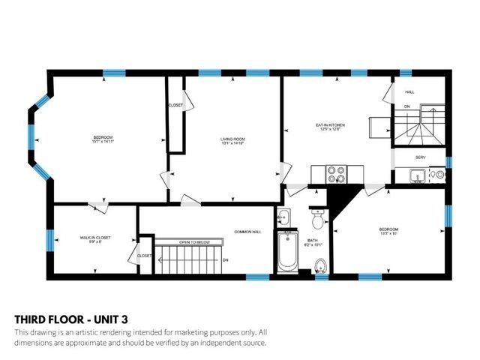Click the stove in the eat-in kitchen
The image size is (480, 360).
(x=335, y=174)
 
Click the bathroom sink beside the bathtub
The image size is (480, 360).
(x=283, y=217)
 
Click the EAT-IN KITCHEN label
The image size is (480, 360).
(x=328, y=125)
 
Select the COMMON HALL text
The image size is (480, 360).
(x=246, y=232)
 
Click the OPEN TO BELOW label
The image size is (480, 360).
(x=193, y=242)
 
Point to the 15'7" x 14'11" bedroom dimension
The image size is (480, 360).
(x=103, y=142)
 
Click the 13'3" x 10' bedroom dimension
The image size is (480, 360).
(x=388, y=233)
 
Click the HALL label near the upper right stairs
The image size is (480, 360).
(x=409, y=92)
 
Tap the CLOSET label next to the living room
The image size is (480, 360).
(x=176, y=105)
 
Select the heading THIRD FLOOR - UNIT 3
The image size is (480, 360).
(x=64, y=316)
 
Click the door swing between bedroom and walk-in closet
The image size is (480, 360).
(x=97, y=204)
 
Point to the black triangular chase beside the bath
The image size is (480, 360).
(x=341, y=200)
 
